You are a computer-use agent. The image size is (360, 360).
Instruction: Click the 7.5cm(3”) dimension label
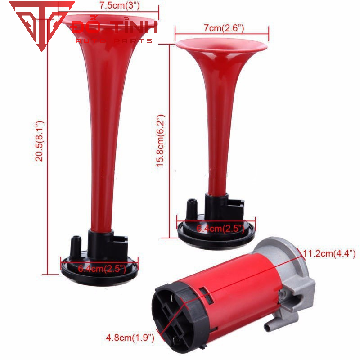tap(119, 5)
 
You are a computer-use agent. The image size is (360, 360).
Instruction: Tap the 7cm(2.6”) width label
tap(224, 28)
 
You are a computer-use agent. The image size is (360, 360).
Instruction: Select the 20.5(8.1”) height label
tap(39, 141)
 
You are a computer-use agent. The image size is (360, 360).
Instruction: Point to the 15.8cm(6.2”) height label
tap(160, 141)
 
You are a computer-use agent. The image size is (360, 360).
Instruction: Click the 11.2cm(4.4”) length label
tap(329, 253)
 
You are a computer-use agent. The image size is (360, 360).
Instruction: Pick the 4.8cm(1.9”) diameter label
tap(130, 337)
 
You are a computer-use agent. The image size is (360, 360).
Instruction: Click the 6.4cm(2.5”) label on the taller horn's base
tap(102, 268)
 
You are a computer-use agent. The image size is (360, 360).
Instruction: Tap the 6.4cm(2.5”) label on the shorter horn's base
tap(220, 229)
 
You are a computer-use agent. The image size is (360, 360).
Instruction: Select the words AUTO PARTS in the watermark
tap(114, 41)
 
